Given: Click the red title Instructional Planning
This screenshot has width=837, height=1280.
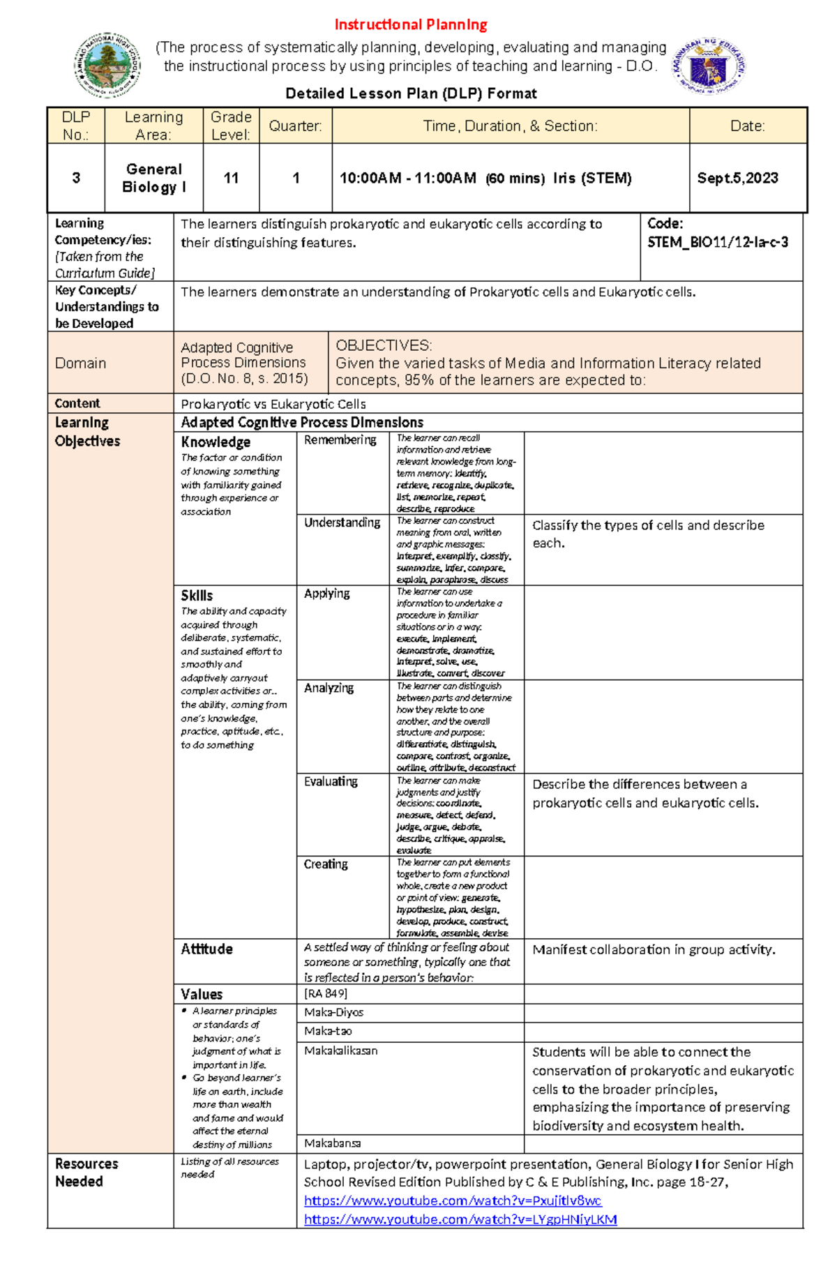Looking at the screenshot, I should pos(411,25).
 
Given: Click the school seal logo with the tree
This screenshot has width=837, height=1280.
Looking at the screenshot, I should pos(107,65).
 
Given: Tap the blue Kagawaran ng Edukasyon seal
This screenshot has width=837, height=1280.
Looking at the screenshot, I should pos(709,67).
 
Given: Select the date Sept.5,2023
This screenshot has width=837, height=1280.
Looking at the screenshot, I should pos(737,179).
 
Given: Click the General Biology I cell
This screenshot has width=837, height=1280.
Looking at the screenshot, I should pos(154,179).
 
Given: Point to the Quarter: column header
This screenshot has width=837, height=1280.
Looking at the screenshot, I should pos(296,126).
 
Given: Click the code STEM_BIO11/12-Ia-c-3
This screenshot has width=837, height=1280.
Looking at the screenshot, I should pos(718,243).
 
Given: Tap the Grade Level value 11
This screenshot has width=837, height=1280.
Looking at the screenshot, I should pos(231,179).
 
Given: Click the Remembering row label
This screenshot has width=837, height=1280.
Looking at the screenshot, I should pos(340,440).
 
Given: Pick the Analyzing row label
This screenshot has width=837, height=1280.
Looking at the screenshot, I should pos(329,688).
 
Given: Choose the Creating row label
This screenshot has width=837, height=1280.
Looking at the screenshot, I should pos(326,864).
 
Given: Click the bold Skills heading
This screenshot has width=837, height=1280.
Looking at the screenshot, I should pos(197,596).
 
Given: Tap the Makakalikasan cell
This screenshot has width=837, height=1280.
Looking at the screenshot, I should pos(341,1051).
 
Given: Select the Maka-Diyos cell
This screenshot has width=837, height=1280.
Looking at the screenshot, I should pos(333,1012).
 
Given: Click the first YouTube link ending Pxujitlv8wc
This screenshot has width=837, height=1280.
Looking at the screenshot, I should pos(453,1200).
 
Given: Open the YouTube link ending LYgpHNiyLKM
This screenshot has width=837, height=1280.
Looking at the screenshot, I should pos(460,1219).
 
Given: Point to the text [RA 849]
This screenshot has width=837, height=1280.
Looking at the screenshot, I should pos(326,993).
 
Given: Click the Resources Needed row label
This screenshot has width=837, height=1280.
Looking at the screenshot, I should pos(86,1173).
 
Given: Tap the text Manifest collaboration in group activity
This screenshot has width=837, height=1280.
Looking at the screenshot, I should pos(654,949).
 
